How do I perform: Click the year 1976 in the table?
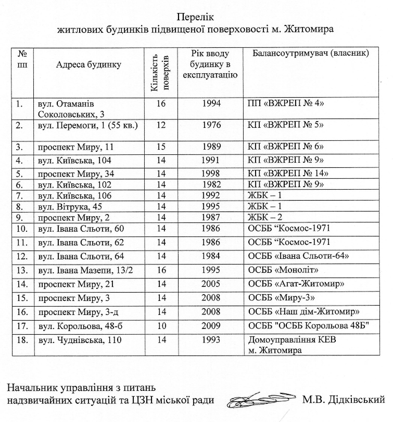(211, 125)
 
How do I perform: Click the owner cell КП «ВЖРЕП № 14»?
(287, 173)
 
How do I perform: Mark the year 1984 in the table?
(211, 256)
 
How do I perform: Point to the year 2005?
(211, 284)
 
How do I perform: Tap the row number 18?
(22, 341)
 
